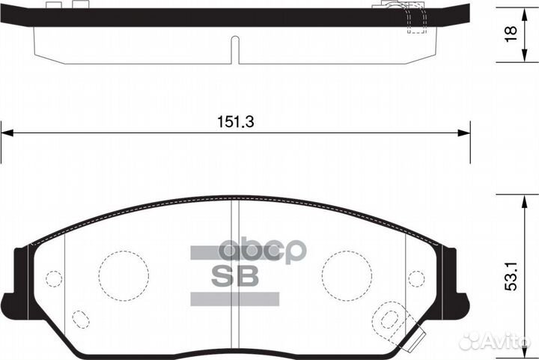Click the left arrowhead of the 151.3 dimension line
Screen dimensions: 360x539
(6, 133)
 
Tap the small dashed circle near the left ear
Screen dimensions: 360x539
(53, 278)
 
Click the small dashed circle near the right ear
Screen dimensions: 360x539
(418, 278)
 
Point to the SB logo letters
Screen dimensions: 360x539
(237, 275)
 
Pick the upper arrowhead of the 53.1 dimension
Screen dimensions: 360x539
(520, 197)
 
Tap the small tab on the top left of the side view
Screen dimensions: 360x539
(52, 5)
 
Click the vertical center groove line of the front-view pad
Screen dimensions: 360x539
(235, 284)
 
